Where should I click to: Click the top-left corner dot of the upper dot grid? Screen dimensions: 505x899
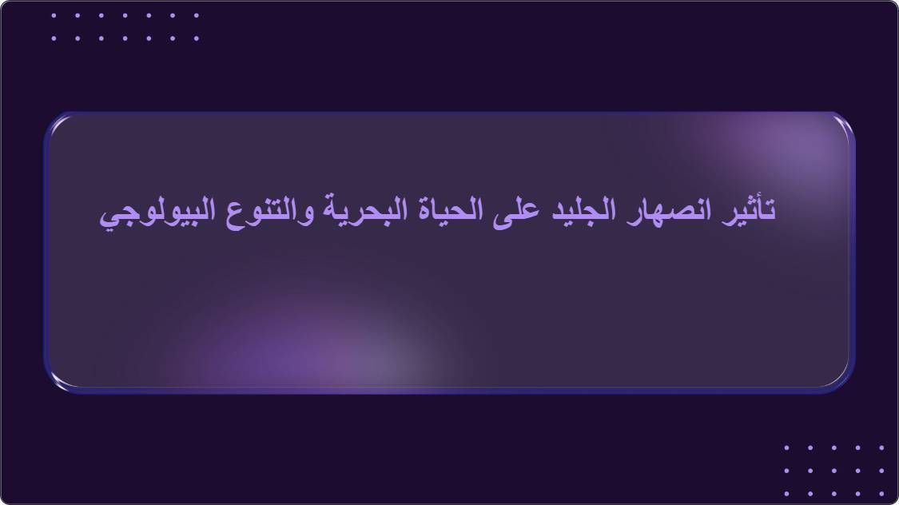point(54,15)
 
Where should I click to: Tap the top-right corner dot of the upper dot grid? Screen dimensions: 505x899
point(197,15)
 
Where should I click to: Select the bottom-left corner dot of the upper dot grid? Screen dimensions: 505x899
point(54,38)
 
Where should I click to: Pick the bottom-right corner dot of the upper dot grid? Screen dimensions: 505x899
point(197,38)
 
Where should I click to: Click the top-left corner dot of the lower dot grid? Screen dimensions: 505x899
point(786,447)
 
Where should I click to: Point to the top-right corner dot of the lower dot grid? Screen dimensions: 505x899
point(881,447)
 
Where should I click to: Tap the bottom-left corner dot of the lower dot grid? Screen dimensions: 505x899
point(786,493)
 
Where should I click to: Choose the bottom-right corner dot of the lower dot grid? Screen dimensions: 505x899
point(881,493)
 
